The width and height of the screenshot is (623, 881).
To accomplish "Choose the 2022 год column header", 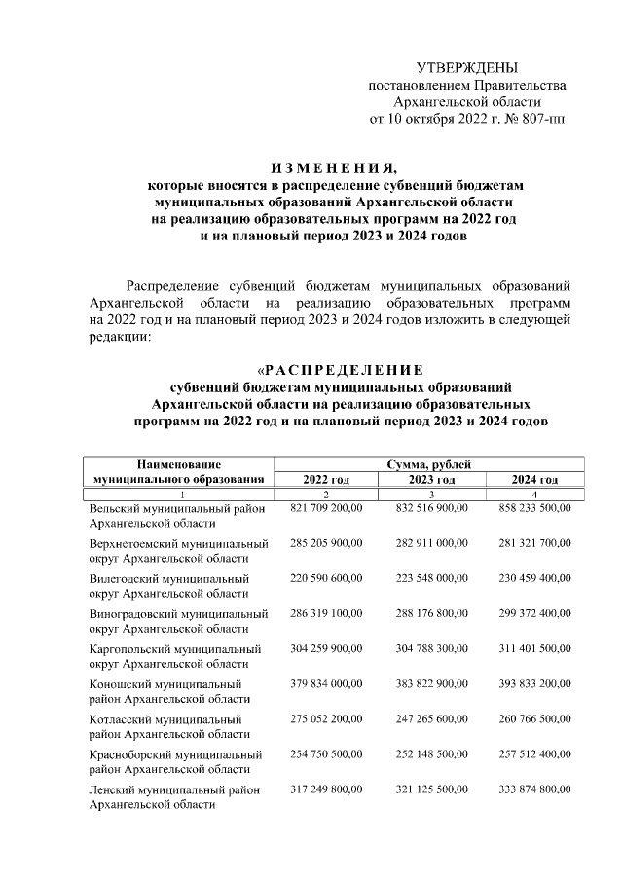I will (x=326, y=480).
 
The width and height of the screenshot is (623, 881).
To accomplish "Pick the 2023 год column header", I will (x=431, y=480).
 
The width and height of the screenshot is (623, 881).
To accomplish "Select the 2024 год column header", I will (x=534, y=480).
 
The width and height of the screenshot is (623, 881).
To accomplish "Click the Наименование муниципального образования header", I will (x=178, y=472).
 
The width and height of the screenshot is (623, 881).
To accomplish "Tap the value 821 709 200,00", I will (x=326, y=508).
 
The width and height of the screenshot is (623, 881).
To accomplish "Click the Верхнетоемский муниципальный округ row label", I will (x=178, y=550).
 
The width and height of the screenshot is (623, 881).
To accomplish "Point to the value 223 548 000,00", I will (x=431, y=578).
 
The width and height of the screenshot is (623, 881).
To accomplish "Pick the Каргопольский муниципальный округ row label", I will (x=175, y=655).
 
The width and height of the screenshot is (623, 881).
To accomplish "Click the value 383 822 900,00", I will (x=431, y=683).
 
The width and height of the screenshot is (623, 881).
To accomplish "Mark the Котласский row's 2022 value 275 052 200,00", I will (x=326, y=718).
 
